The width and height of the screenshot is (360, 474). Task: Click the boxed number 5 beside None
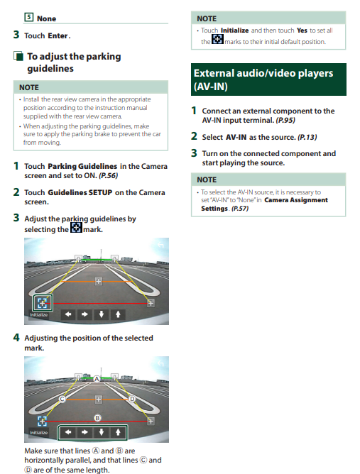coord(28,17)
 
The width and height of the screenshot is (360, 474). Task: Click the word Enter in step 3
coord(58,35)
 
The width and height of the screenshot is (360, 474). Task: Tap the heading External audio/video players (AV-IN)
coord(263,79)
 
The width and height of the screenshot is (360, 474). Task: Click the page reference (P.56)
coord(109,176)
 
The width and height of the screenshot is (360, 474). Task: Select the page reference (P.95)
coord(285,121)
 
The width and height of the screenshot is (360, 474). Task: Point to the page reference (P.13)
coord(307,137)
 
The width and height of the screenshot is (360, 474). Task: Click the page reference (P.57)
coord(240,209)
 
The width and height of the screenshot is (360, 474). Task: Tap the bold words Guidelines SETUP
coord(80,192)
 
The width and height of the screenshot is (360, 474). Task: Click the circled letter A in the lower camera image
coord(97,379)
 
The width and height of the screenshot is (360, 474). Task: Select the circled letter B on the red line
coord(97,418)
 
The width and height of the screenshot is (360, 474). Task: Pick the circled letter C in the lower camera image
coord(62,399)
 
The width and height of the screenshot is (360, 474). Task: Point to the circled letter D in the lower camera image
coord(132,399)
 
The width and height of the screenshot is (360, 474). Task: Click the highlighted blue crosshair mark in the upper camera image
coord(43,302)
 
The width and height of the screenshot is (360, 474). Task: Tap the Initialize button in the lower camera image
coord(39,433)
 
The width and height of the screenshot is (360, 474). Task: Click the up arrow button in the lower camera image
coord(118,432)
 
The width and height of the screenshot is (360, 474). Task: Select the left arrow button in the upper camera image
coord(68,314)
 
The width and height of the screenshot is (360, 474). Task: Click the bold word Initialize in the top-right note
coord(235,31)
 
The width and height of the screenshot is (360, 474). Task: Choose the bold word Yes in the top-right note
coord(302,31)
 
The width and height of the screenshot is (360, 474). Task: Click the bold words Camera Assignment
coord(296,200)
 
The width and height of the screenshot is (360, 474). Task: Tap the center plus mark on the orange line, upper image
coord(98,281)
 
